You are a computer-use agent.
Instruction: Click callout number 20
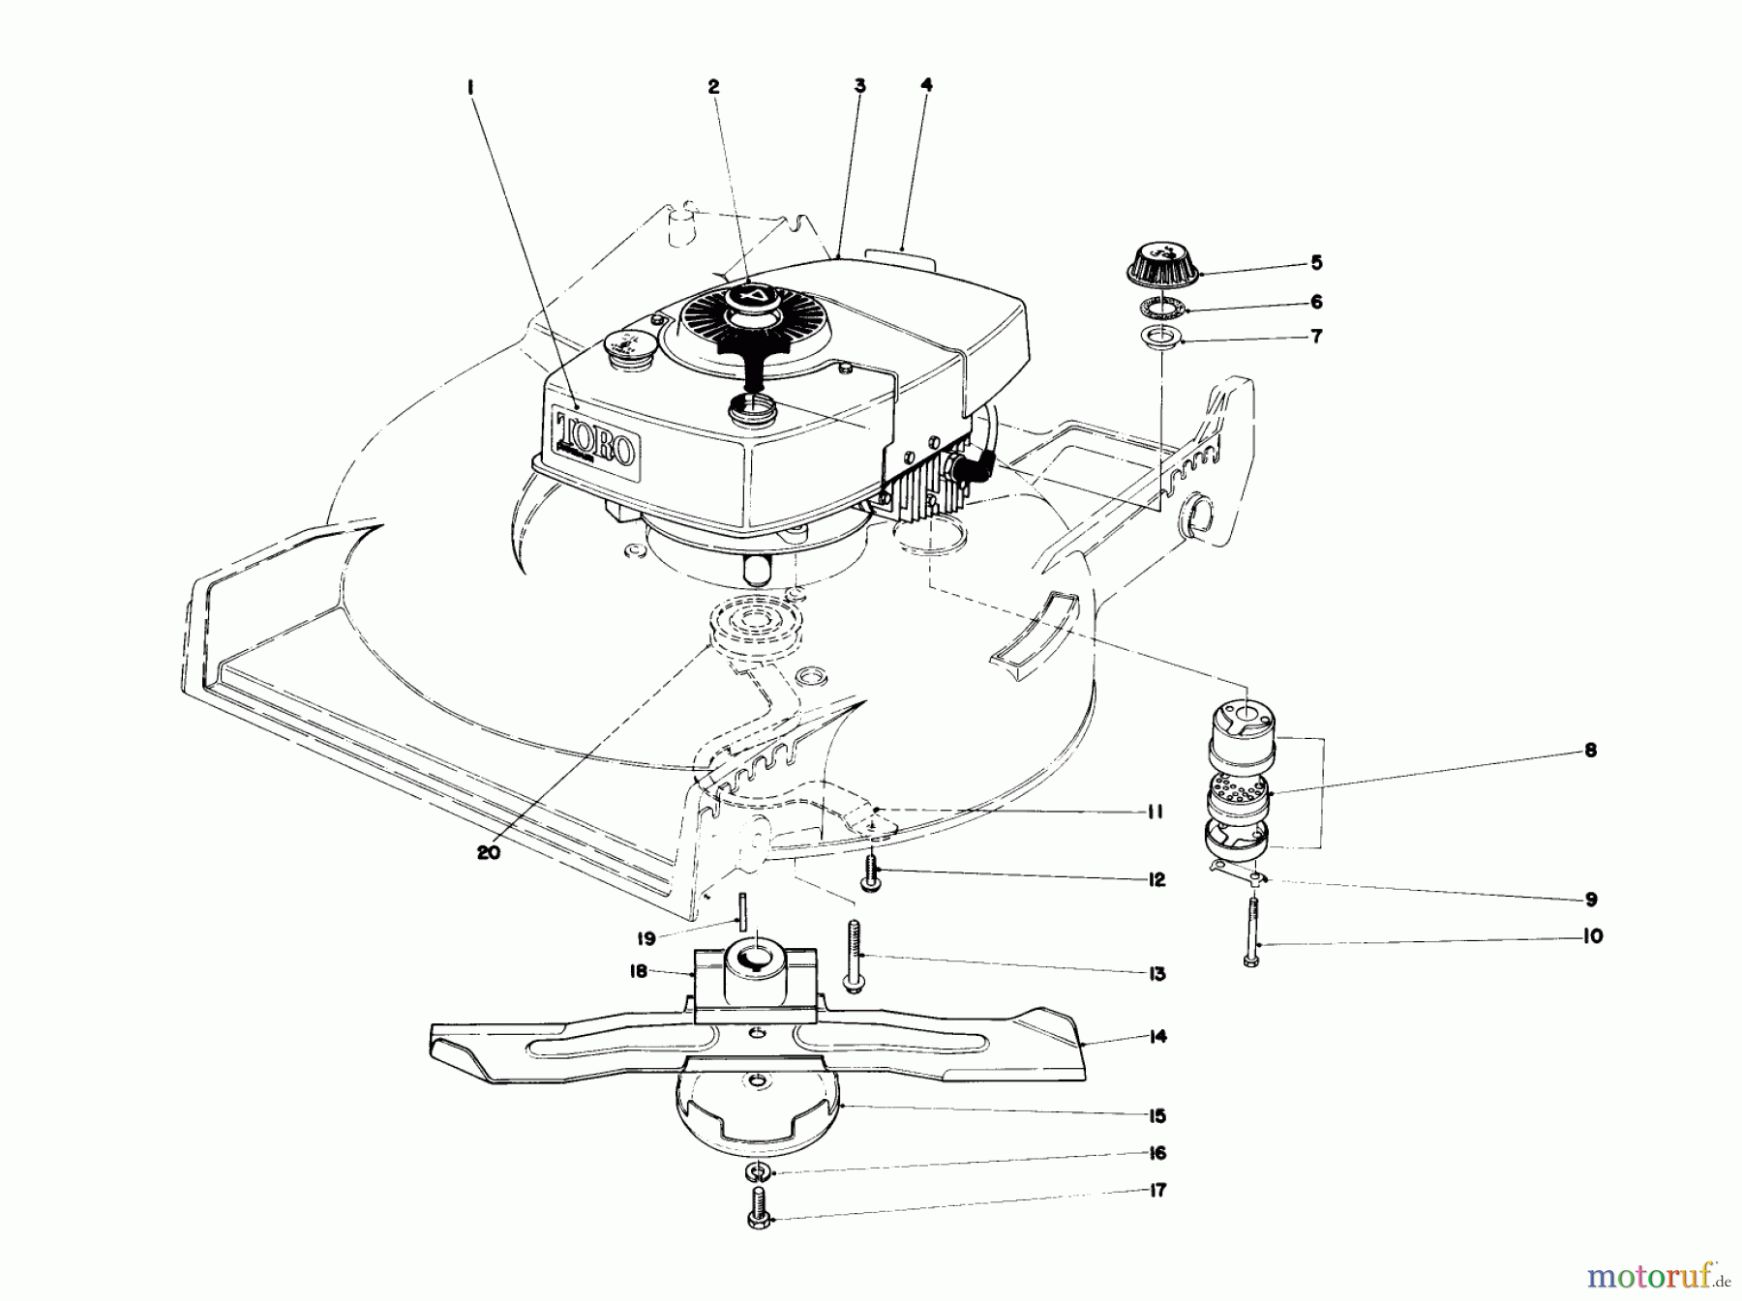[490, 854]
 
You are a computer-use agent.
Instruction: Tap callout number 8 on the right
[1591, 750]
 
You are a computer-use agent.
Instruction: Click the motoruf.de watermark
[1656, 1276]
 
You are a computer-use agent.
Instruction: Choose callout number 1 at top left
[470, 86]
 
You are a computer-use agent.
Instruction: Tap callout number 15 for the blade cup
[1156, 1115]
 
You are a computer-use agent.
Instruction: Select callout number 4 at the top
[926, 85]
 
